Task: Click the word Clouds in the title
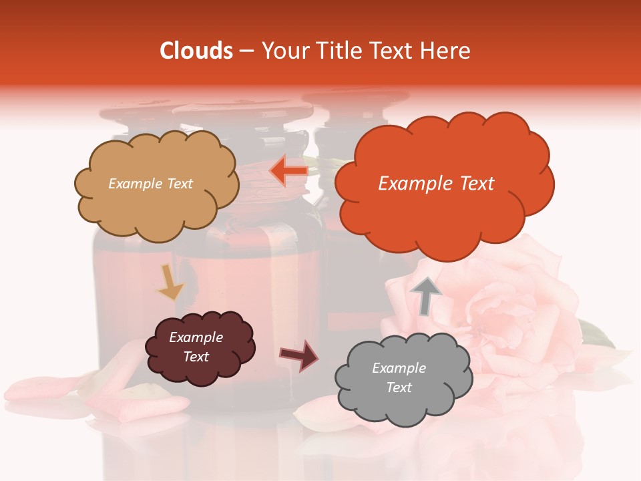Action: click(x=196, y=51)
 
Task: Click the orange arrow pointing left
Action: click(x=288, y=170)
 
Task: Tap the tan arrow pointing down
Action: click(x=171, y=283)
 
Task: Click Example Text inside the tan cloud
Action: click(x=150, y=184)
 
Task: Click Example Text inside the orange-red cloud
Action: click(x=436, y=184)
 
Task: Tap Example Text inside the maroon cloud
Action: click(x=196, y=347)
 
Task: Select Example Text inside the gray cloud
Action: click(x=399, y=377)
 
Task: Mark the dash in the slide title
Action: click(x=246, y=51)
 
